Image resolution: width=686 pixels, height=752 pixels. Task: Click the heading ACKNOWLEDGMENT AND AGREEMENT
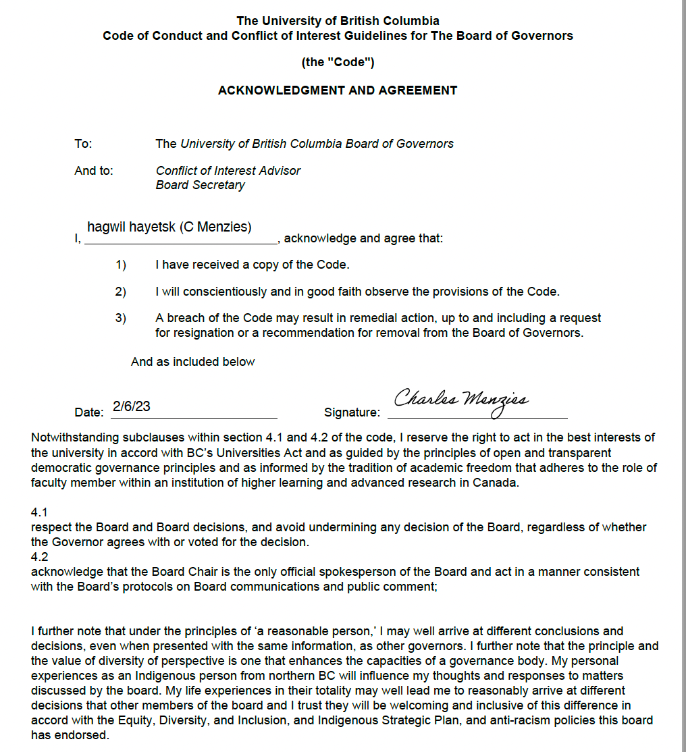[x=338, y=90]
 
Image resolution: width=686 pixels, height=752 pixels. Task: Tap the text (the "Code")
[x=338, y=62]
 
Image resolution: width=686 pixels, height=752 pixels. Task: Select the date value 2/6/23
[x=132, y=406]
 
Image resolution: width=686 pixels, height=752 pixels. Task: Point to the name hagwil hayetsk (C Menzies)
[x=169, y=227]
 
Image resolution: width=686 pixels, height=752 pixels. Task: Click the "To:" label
[x=83, y=143]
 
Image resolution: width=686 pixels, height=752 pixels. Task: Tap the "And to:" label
[x=94, y=171]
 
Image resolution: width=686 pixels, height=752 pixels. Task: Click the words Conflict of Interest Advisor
[x=228, y=171]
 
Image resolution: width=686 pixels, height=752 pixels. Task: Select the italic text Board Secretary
[x=201, y=185]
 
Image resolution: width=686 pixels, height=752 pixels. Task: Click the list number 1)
[x=121, y=265]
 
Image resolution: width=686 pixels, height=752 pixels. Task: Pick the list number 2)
[x=121, y=292]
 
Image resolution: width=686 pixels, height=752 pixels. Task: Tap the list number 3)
[x=121, y=318]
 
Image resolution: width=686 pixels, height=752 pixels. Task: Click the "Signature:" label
[x=352, y=412]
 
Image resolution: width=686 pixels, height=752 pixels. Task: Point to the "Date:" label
[x=88, y=412]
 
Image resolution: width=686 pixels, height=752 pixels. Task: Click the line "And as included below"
[x=193, y=362]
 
